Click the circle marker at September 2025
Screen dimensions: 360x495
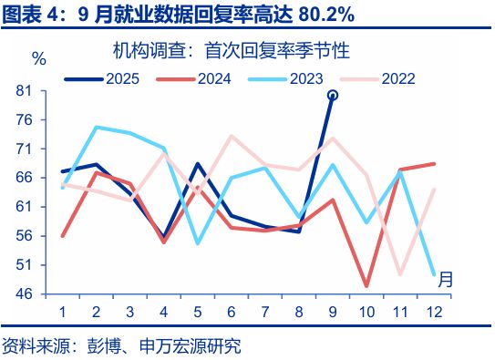pyautogui.click(x=333, y=95)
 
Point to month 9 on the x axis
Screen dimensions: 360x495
pyautogui.click(x=333, y=313)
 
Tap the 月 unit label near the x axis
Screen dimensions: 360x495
pyautogui.click(x=445, y=279)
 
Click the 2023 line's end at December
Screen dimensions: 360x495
pyautogui.click(x=432, y=274)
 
